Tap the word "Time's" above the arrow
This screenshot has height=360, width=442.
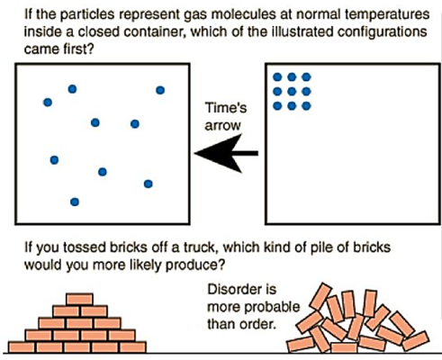[226, 108]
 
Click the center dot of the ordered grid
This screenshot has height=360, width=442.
[292, 91]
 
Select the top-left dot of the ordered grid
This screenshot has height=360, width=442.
[277, 77]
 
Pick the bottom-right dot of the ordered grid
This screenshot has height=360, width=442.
[306, 105]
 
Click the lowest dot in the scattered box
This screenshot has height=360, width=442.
[75, 202]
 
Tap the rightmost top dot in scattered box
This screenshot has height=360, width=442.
[160, 90]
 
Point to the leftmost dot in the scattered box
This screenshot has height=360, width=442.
[48, 103]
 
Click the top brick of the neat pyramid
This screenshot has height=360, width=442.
[79, 299]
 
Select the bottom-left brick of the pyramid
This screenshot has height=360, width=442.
[22, 346]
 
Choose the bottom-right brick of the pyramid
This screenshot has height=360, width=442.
[133, 346]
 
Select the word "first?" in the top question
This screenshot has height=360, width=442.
[78, 49]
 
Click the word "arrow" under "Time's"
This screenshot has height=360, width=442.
[223, 126]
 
